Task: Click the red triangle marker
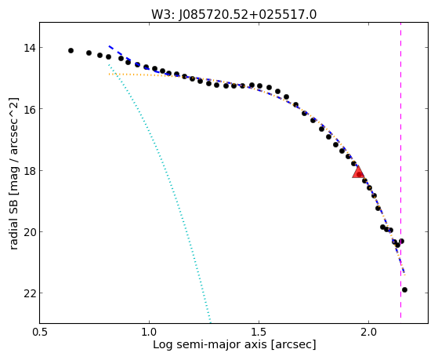click(x=358, y=172)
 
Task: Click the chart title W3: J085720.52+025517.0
click(x=233, y=15)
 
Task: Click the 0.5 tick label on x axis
click(x=39, y=332)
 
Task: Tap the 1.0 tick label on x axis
click(x=149, y=332)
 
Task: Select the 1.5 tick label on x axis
click(x=259, y=332)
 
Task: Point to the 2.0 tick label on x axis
click(x=369, y=332)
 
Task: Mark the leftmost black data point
click(x=71, y=51)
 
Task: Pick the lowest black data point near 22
click(x=404, y=289)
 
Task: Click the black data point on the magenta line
click(x=401, y=241)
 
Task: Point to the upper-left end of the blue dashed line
click(x=109, y=45)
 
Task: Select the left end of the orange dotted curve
click(x=109, y=75)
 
